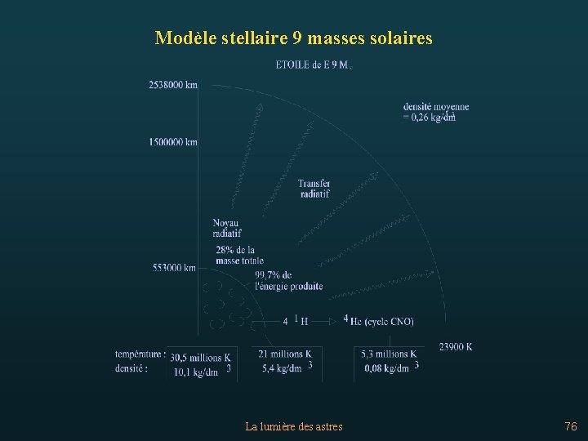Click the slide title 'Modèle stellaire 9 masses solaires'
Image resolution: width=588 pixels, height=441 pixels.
[x=293, y=38]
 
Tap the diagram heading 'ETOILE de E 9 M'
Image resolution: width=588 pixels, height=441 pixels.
[x=314, y=65]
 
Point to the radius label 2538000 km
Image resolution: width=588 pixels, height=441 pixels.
[x=173, y=85]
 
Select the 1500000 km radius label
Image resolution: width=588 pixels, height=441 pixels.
[x=173, y=142]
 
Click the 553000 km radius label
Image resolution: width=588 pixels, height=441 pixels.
[x=174, y=267]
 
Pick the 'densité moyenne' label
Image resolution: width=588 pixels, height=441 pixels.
[x=435, y=106]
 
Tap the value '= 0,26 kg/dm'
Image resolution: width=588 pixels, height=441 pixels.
[x=429, y=118]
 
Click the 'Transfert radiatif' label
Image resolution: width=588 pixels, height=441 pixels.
[x=314, y=189]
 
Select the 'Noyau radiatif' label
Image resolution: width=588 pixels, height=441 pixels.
[x=226, y=228]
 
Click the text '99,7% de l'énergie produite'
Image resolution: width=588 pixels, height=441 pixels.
[x=288, y=281]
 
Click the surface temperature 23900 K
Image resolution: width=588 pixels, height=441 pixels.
[x=456, y=347]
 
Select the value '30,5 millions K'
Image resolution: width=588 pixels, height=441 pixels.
[x=201, y=358]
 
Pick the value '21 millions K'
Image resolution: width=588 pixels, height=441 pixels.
[x=285, y=354]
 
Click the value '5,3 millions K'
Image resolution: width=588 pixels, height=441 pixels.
[x=389, y=354]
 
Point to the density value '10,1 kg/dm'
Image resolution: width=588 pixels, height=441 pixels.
[x=197, y=372]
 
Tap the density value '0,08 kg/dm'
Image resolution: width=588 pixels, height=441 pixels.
[x=387, y=368]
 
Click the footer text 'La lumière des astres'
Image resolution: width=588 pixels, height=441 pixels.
[x=294, y=426]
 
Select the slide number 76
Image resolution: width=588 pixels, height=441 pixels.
[x=570, y=426]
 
